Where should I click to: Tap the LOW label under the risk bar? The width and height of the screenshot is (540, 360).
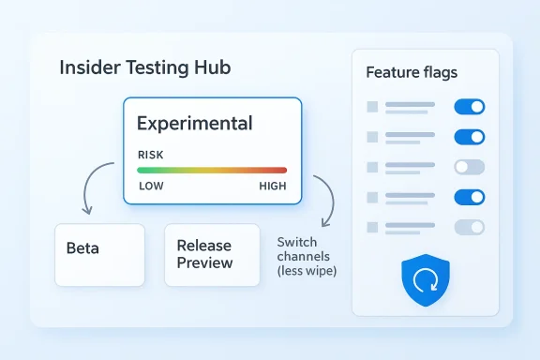coord(151,186)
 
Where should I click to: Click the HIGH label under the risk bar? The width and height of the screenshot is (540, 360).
coord(273,186)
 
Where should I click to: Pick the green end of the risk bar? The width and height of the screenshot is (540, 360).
coord(142,171)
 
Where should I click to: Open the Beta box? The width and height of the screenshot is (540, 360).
coord(99,254)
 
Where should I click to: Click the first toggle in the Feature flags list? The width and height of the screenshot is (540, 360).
coord(469,107)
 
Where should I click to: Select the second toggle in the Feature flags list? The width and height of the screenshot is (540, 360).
coord(469,137)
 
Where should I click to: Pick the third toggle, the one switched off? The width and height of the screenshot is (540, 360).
coord(469,167)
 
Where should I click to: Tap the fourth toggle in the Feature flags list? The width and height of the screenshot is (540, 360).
coord(469,197)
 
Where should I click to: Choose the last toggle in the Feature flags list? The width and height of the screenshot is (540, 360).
coord(469,227)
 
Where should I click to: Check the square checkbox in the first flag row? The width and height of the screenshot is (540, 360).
coord(372,107)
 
